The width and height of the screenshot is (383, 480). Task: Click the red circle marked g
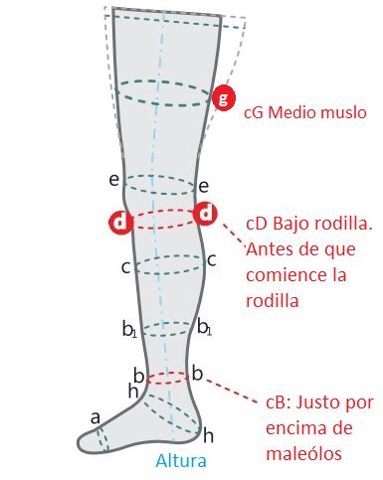pos(224,97)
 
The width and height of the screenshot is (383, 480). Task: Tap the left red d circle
pos(121,222)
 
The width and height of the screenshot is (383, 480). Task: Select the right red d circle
pos(206,214)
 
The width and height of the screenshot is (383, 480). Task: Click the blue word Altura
pos(181,461)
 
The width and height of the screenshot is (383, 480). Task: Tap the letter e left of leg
pos(114,180)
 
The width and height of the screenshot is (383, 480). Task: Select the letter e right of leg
pos(204,187)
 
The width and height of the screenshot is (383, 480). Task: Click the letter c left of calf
pos(125,267)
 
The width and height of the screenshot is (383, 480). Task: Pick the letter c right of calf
pos(212,260)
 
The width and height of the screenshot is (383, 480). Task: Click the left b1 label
pos(129,329)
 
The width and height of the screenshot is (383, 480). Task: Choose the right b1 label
pos(204,327)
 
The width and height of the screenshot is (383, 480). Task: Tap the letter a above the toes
pos(96,418)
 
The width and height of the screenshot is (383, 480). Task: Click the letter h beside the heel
pos(208,435)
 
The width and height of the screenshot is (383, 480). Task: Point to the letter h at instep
pos(133,392)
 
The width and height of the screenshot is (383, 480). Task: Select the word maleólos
pos(303,454)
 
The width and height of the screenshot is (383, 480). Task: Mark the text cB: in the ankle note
pos(278,402)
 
